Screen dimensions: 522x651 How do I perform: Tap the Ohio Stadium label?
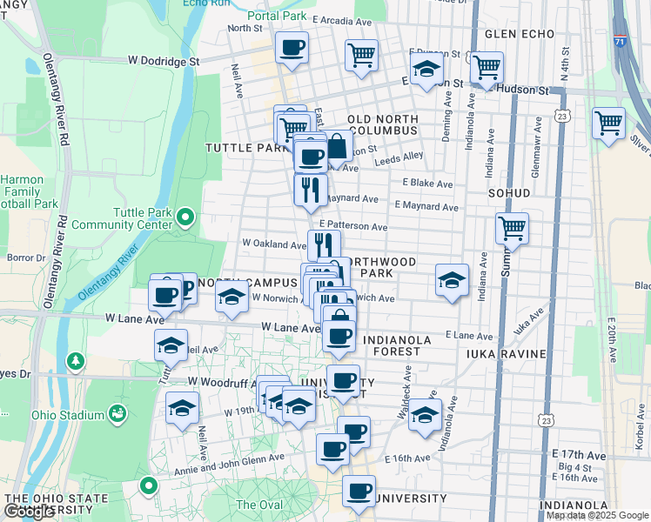click(67, 415)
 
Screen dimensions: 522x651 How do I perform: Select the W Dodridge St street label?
click(164, 61)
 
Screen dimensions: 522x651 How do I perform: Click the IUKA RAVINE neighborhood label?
click(506, 354)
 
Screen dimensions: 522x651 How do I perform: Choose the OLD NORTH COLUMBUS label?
click(383, 124)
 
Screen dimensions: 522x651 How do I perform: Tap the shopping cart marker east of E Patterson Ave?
click(513, 229)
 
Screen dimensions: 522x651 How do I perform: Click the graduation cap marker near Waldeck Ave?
click(425, 414)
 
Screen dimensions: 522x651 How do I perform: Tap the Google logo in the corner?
click(29, 512)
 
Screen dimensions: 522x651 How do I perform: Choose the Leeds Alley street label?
click(399, 159)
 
